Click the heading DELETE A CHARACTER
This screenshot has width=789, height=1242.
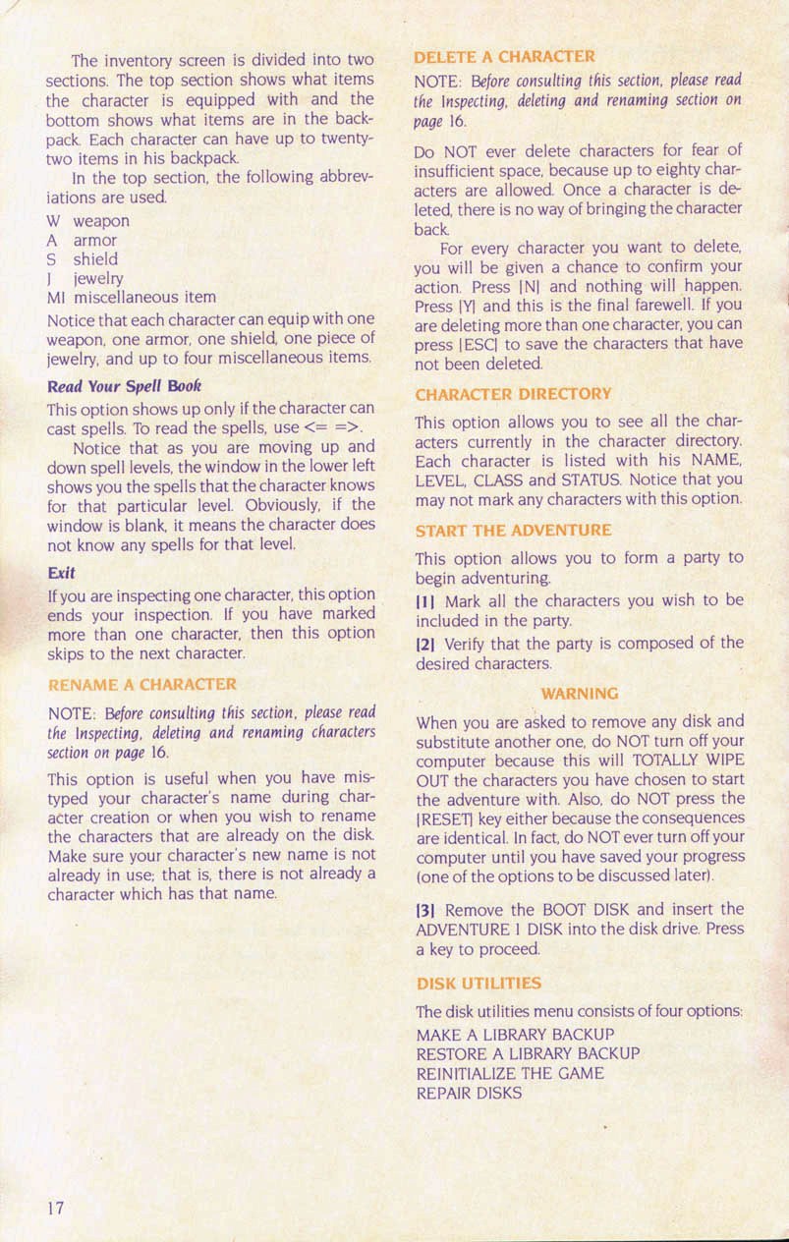[x=504, y=57]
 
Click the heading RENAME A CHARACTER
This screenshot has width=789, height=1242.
[x=142, y=683]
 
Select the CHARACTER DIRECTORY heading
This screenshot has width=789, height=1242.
[x=514, y=393]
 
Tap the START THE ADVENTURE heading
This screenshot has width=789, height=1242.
[x=514, y=531]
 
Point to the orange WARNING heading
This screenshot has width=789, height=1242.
[x=580, y=694]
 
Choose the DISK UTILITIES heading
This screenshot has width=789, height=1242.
[x=479, y=983]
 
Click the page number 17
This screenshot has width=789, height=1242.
[x=56, y=1208]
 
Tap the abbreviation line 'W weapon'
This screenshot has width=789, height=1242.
[x=87, y=221]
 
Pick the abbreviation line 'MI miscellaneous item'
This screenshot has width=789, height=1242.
[x=131, y=296]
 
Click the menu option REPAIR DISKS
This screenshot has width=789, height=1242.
[x=470, y=1092]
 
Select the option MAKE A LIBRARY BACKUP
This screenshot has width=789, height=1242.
[x=516, y=1035]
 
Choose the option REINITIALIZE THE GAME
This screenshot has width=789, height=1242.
[x=510, y=1073]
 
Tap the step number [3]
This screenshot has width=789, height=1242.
[x=427, y=910]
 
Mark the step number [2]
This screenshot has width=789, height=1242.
[x=427, y=644]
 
